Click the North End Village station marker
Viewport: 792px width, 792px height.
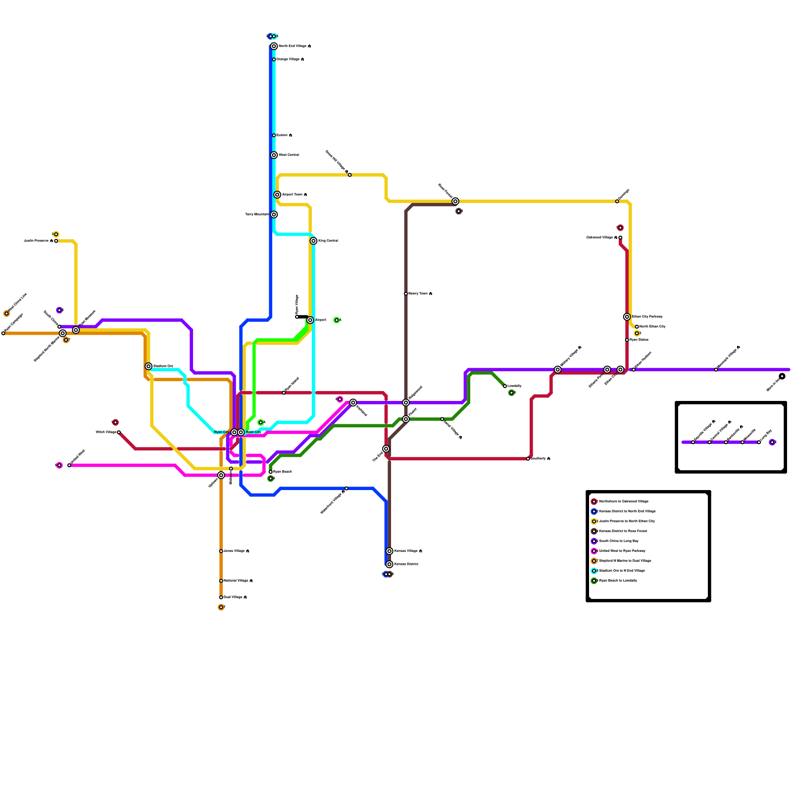point(274,46)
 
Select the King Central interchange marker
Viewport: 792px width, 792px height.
point(313,241)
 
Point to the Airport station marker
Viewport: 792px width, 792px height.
point(310,320)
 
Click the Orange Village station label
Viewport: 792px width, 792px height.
point(290,59)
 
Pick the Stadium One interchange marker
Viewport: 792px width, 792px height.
point(148,366)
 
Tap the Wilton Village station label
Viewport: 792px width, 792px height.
point(106,432)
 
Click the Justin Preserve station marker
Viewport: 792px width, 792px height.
point(56,241)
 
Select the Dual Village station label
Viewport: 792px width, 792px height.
point(235,597)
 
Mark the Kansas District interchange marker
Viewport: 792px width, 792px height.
point(390,564)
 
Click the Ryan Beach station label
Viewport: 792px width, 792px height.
point(283,472)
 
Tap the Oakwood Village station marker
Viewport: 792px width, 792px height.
point(620,238)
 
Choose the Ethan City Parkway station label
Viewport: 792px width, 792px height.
point(647,317)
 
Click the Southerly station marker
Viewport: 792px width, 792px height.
point(528,459)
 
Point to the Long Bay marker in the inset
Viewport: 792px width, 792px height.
point(759,442)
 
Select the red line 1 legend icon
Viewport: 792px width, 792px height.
point(594,501)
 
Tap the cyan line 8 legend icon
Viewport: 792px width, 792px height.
point(594,571)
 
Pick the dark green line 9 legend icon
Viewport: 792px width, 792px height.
point(594,581)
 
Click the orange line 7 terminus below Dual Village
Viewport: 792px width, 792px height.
point(221,607)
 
